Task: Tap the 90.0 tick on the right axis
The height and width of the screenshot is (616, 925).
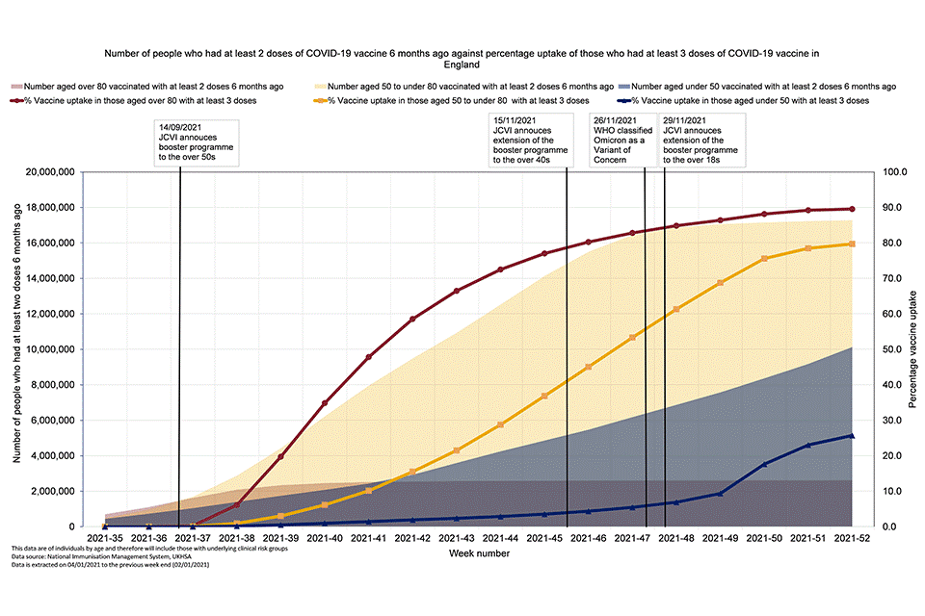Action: [x=895, y=208]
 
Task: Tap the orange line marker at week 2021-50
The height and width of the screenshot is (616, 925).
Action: [x=764, y=259]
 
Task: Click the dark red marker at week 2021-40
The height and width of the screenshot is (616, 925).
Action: [x=325, y=403]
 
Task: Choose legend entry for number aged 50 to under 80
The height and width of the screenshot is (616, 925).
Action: [x=462, y=87]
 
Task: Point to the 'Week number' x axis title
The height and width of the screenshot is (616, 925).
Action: [x=479, y=554]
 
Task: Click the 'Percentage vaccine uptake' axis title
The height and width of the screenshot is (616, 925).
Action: [x=912, y=350]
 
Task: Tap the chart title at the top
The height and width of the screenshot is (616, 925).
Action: [x=462, y=59]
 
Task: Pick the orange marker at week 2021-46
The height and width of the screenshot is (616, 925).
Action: [x=588, y=368]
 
